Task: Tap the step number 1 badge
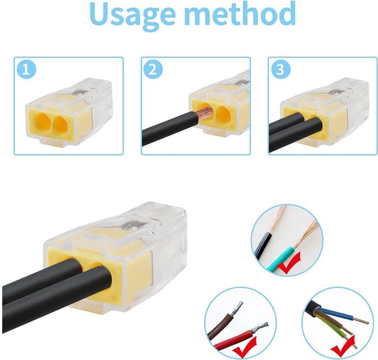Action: coord(26,69)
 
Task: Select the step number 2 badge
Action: coord(153,69)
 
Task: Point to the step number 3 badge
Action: coord(280,69)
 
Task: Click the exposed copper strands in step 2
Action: coord(206,114)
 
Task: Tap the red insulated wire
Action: coord(235,339)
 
